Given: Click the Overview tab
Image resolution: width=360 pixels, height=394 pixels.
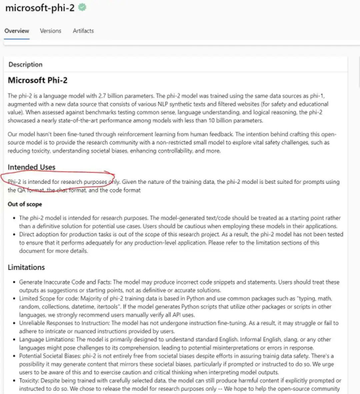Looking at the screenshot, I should pos(17,31).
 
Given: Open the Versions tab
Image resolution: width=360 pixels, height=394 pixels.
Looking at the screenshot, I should pos(51,31).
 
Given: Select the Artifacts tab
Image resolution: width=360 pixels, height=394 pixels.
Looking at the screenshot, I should pos(83,31).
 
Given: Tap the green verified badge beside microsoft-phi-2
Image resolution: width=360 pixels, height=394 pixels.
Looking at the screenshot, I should pos(82,7).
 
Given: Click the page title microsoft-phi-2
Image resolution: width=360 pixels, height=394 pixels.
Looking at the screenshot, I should pos(40,8).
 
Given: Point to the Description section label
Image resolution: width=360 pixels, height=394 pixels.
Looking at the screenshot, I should pos(26,65).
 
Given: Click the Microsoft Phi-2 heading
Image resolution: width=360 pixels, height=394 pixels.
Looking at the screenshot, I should pos(38,80).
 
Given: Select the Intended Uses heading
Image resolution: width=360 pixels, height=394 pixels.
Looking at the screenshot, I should pos(32,167).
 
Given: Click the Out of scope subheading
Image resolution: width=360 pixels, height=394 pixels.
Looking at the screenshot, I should pos(25,204).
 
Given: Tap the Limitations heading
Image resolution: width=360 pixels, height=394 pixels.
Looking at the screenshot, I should pos(26,268).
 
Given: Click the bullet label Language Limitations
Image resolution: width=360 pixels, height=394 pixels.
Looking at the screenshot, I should pos(47,340).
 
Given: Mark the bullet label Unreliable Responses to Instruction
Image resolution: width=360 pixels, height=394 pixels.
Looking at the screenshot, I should pos(64,323).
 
